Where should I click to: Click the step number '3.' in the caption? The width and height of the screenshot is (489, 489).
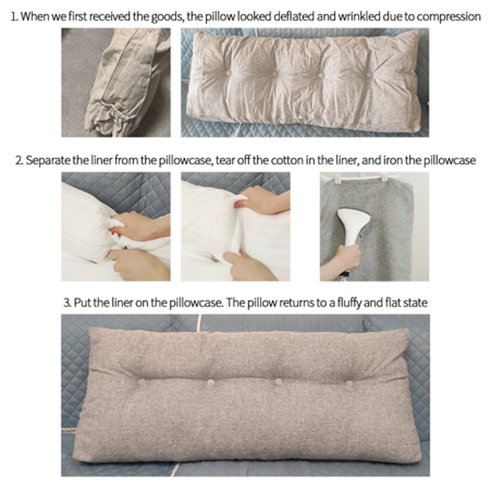click(67, 303)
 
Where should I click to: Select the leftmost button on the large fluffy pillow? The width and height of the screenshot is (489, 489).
click(141, 382)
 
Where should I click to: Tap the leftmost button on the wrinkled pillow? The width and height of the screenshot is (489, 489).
click(228, 73)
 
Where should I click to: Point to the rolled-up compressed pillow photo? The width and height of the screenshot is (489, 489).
click(116, 82)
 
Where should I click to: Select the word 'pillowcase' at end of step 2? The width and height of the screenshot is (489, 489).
click(451, 160)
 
